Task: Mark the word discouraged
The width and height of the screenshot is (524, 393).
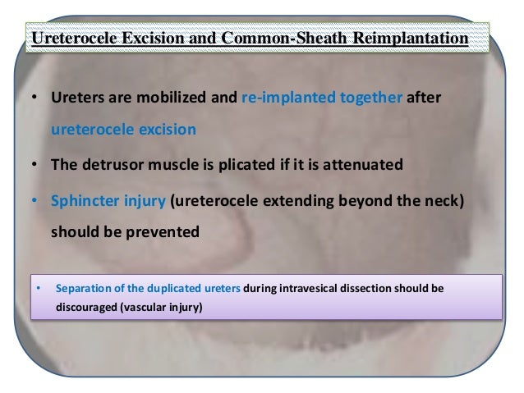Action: coord(88,308)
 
